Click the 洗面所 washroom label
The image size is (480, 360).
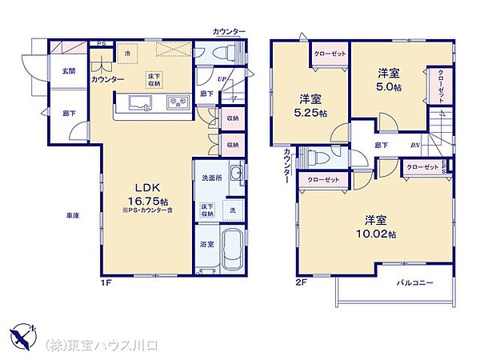point(210,176)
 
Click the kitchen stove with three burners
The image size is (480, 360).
point(177,103)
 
